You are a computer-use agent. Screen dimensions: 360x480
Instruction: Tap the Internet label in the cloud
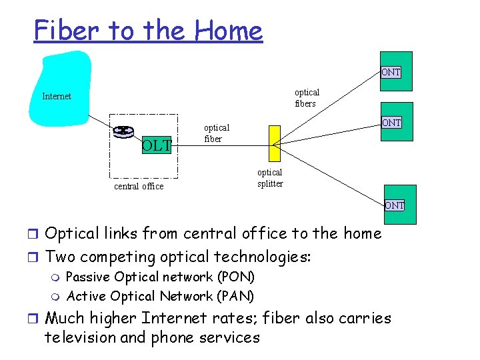tap(57, 96)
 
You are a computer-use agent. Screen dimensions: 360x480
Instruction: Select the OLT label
tap(157, 144)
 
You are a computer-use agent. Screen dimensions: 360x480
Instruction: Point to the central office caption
tap(139, 187)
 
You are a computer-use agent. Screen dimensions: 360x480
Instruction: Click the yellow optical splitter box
tap(274, 143)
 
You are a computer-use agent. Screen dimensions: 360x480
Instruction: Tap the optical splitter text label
tap(270, 178)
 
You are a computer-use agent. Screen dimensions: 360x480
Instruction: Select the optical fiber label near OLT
tap(217, 133)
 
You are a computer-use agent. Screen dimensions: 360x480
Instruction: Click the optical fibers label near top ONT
tap(307, 98)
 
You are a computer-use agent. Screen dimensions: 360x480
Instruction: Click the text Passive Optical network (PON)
tap(161, 277)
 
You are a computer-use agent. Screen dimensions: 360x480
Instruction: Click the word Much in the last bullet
tap(65, 318)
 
